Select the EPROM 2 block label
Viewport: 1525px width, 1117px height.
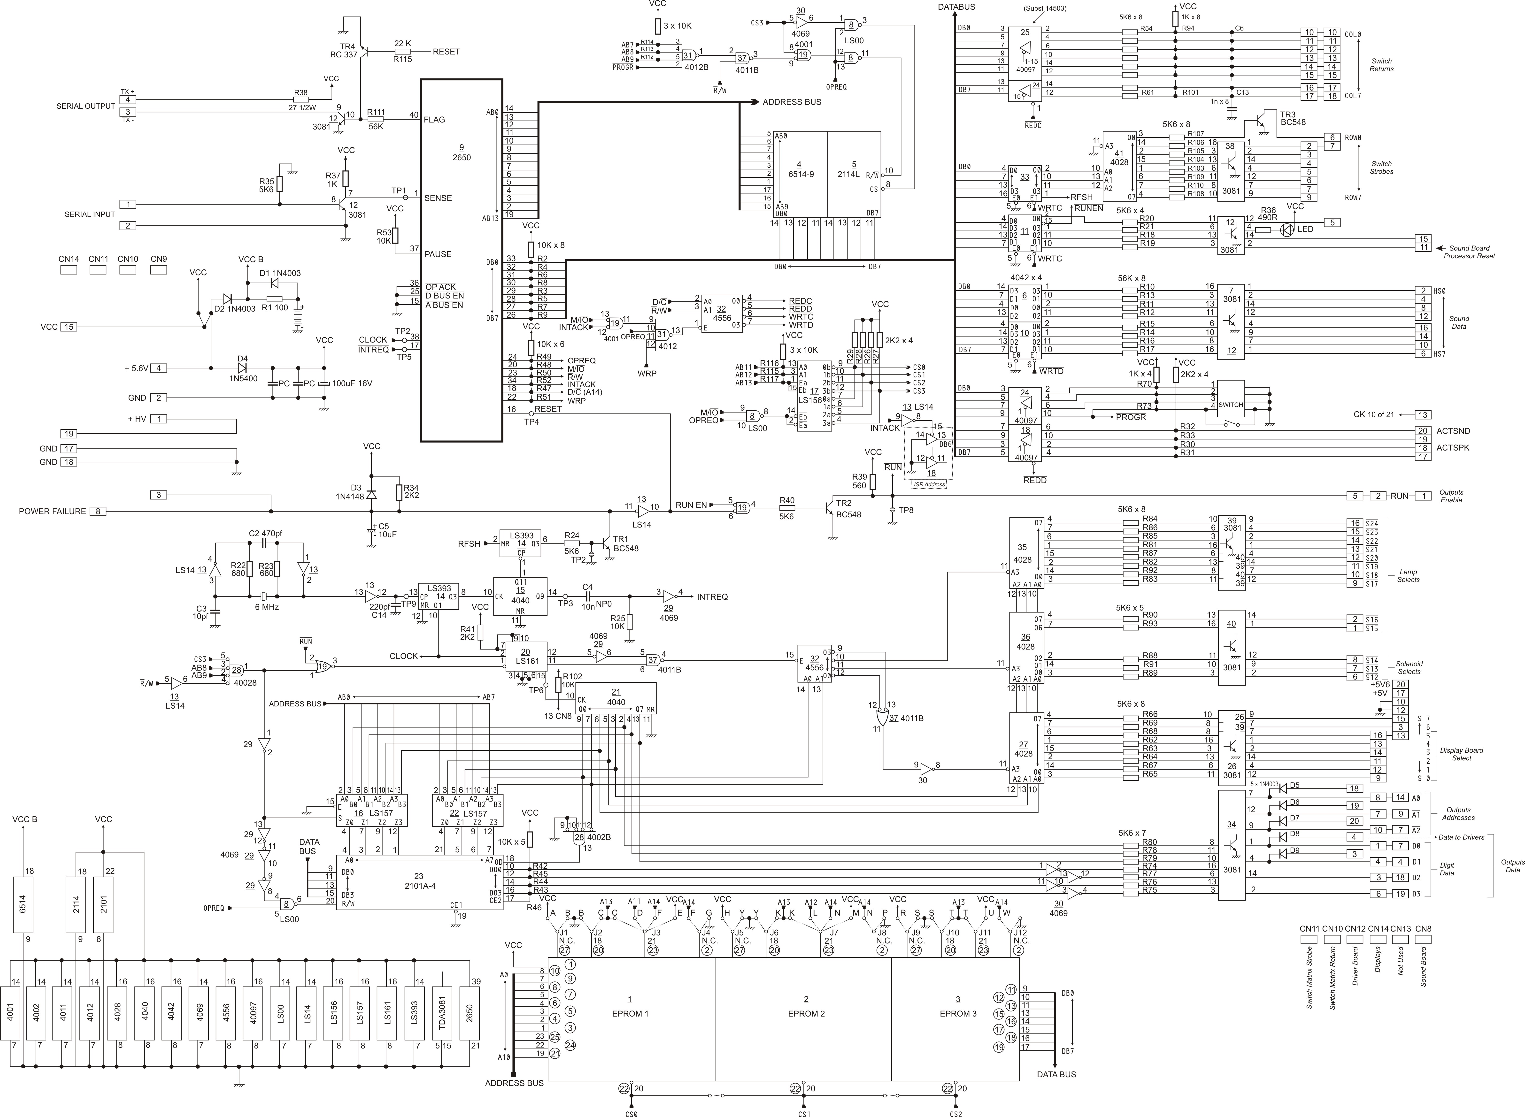[805, 1014]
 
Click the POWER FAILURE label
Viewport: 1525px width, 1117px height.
[53, 511]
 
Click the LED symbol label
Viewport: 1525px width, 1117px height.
[1305, 229]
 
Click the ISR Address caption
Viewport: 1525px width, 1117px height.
[929, 484]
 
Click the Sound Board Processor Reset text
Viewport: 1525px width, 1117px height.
[1470, 252]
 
